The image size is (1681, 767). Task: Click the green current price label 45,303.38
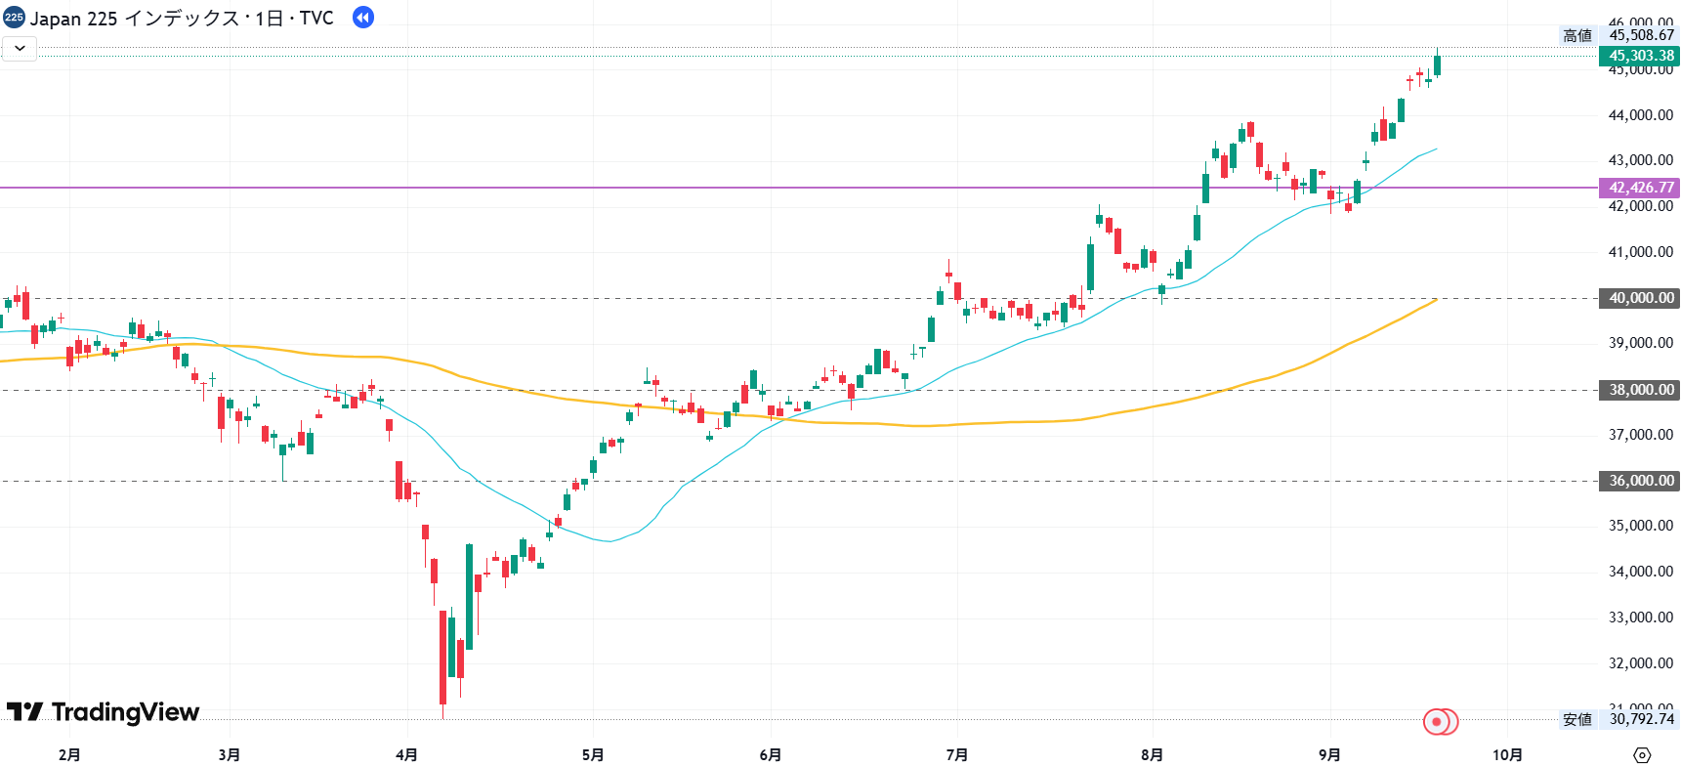(1640, 56)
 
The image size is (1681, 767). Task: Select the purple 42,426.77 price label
(1640, 188)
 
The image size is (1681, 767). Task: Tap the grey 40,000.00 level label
(1640, 298)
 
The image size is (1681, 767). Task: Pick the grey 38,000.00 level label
(1640, 390)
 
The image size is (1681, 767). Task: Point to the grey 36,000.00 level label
(1640, 481)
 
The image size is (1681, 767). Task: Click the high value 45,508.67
(1641, 35)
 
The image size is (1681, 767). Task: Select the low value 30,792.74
(1641, 719)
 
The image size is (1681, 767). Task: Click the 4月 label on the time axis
(407, 754)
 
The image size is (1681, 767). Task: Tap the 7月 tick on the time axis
(957, 754)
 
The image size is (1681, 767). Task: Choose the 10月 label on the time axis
(1507, 754)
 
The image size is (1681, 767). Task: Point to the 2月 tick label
(69, 754)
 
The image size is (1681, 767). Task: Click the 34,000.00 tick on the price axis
(1640, 572)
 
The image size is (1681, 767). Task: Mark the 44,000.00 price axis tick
(1640, 115)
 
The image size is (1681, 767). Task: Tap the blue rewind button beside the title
(363, 18)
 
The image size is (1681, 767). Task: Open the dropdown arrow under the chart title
(20, 48)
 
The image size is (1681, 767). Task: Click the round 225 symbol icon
(14, 18)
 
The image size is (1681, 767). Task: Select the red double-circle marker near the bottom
(1440, 722)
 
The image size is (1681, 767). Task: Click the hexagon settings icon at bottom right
(1642, 754)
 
